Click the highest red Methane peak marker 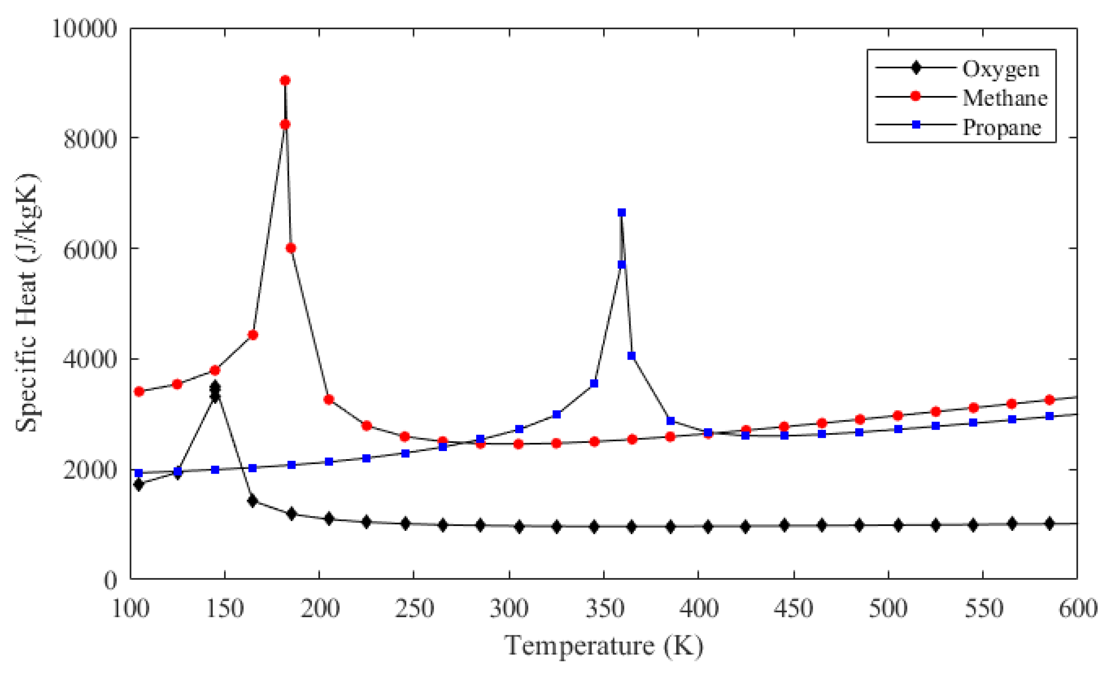(285, 80)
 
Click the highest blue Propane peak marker (622, 212)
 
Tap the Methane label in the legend (1005, 97)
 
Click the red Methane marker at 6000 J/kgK (291, 248)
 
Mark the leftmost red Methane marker (139, 392)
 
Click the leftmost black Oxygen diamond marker (139, 485)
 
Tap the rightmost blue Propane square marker (1050, 416)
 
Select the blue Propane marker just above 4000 (632, 355)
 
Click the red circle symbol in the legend (916, 96)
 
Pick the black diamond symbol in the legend (916, 68)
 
